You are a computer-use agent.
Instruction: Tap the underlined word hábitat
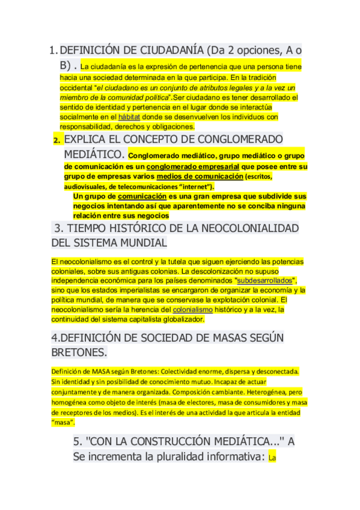coord(129,117)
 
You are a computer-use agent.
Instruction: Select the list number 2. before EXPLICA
coord(56,140)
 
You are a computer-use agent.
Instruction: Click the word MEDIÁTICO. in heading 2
coord(94,155)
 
